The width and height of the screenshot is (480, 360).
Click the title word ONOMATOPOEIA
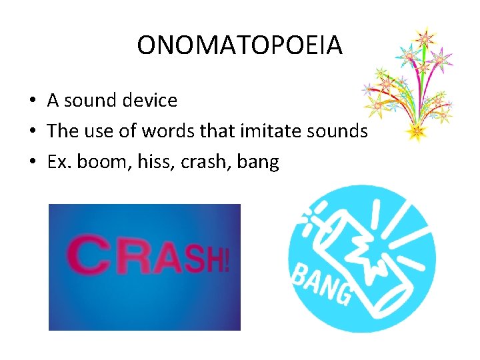tap(239, 45)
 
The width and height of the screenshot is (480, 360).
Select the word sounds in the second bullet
tap(340, 131)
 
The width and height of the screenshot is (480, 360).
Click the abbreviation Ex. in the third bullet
tap(59, 161)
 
